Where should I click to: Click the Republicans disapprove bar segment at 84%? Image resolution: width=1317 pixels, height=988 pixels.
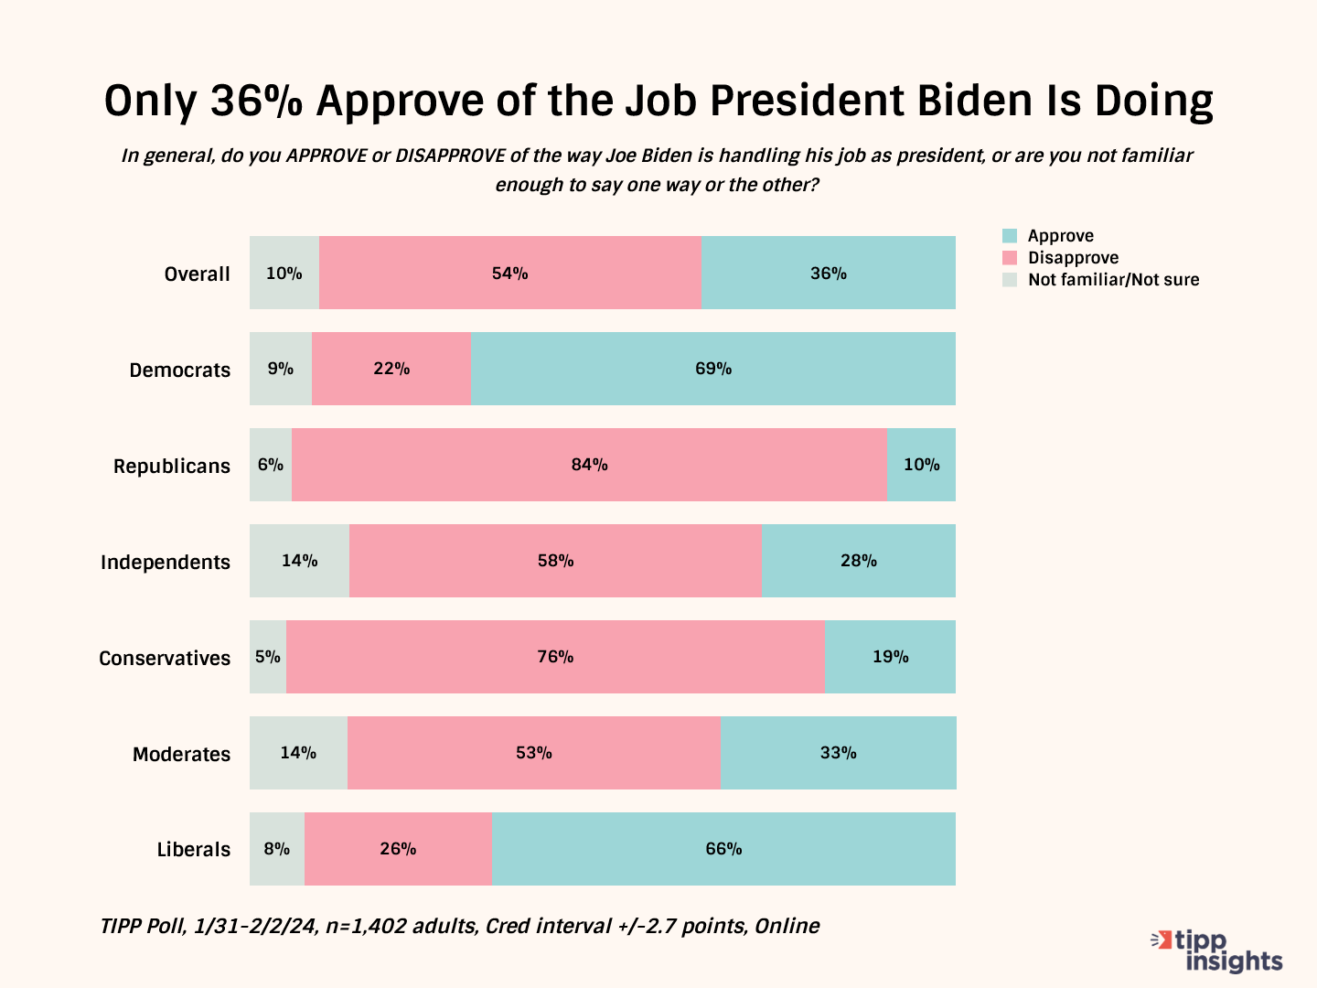(x=589, y=465)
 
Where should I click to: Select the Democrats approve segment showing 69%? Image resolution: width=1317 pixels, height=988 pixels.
(x=713, y=369)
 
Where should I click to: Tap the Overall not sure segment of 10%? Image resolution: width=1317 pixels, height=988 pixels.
(x=284, y=273)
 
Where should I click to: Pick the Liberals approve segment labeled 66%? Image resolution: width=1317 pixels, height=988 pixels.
(x=723, y=849)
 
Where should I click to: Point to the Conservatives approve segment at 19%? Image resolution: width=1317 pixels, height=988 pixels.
(x=890, y=657)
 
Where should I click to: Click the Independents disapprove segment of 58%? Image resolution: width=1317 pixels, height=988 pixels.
(x=555, y=561)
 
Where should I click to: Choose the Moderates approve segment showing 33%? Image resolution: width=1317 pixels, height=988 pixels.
(x=838, y=753)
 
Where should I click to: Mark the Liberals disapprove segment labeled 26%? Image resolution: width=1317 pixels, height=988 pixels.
(x=398, y=849)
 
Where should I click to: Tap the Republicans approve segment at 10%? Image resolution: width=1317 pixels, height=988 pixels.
(x=921, y=465)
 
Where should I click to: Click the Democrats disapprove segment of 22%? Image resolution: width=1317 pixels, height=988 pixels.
(x=391, y=369)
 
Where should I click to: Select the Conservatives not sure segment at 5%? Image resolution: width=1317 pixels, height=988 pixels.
(x=268, y=657)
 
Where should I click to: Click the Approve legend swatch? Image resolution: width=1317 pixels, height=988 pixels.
(x=1010, y=236)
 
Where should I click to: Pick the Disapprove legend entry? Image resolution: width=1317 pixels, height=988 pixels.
(x=1073, y=258)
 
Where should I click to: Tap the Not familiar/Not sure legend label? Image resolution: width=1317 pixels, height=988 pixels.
(x=1113, y=280)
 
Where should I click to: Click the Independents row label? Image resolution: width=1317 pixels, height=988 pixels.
(x=166, y=562)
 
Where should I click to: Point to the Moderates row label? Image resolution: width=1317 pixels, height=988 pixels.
(x=181, y=754)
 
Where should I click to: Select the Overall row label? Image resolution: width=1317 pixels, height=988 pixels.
(x=197, y=274)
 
